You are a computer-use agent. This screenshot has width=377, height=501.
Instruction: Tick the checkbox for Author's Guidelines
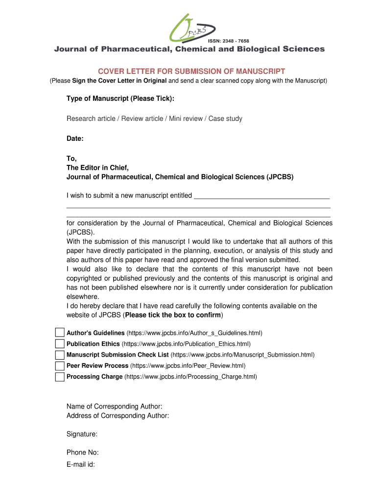[60, 333]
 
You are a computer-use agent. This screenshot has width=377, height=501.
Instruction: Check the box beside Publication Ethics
[60, 344]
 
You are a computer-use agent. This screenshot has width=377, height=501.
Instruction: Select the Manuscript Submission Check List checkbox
[60, 355]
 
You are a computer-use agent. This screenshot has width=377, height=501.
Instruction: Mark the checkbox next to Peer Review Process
[60, 366]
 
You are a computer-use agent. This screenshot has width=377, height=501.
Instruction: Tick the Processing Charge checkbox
[60, 377]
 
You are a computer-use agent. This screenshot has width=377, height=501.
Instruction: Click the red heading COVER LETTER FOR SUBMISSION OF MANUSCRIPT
[188, 71]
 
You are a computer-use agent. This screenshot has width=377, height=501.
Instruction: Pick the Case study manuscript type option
[225, 119]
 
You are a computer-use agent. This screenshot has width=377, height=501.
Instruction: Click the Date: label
[75, 139]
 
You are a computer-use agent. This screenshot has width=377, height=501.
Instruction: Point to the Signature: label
[82, 434]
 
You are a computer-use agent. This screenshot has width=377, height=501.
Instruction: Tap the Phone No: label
[82, 453]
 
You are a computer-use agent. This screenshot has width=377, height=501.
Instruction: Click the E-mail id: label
[80, 465]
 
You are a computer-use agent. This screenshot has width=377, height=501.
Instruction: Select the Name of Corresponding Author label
[114, 407]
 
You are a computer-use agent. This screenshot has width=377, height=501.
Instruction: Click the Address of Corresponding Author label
[118, 416]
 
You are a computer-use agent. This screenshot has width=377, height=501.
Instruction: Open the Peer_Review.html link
[188, 366]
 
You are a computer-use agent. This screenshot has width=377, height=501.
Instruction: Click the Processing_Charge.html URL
[190, 377]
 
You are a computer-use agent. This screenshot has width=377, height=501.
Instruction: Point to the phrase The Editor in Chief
[97, 168]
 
